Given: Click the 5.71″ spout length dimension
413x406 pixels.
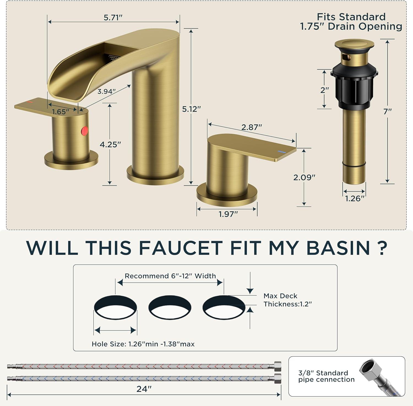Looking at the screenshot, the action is [x=113, y=18].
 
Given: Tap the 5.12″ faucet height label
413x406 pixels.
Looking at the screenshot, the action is [x=191, y=109].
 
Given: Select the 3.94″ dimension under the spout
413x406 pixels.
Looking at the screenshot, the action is [x=106, y=92].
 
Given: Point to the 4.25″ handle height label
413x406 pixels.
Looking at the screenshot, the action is [x=110, y=144].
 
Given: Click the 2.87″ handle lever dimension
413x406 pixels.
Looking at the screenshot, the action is [x=252, y=127].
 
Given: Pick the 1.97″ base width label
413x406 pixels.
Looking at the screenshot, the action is [x=228, y=214].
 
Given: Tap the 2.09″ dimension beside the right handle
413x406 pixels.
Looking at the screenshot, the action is [x=304, y=178].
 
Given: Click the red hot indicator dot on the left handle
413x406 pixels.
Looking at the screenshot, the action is [x=85, y=131].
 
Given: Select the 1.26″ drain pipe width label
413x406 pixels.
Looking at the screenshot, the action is [x=355, y=198].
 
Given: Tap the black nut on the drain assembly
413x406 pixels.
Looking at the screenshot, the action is [x=354, y=85].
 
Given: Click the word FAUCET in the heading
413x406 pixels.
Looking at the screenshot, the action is [x=181, y=248].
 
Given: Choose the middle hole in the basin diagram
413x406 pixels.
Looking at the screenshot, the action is [x=170, y=307].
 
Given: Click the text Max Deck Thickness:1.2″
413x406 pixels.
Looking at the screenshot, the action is [x=288, y=300].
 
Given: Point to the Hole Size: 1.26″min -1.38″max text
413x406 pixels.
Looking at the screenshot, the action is [x=143, y=344].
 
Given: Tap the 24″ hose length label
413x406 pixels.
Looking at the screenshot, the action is [x=144, y=389].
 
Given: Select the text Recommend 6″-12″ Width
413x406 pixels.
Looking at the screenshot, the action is [x=170, y=276].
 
